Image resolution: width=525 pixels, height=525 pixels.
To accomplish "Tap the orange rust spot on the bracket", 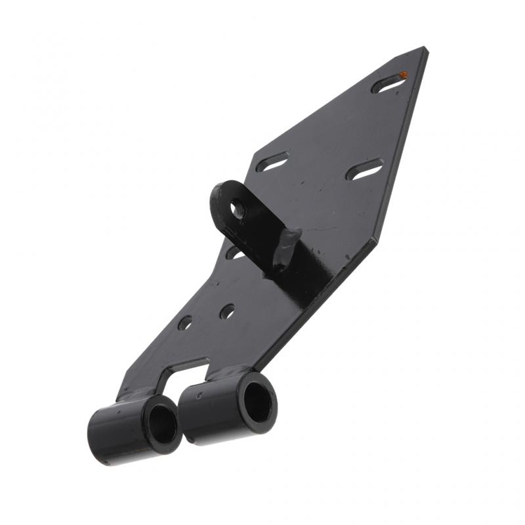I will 404,75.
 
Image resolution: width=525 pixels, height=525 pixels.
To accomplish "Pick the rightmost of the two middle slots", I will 364,170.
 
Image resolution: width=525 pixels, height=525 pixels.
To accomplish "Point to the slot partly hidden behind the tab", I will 234,252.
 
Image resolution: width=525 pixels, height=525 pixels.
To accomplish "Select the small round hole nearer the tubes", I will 185,323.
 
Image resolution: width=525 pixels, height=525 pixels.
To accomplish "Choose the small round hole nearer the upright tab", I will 227,311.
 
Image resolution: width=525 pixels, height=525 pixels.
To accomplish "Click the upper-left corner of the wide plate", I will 252,150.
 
